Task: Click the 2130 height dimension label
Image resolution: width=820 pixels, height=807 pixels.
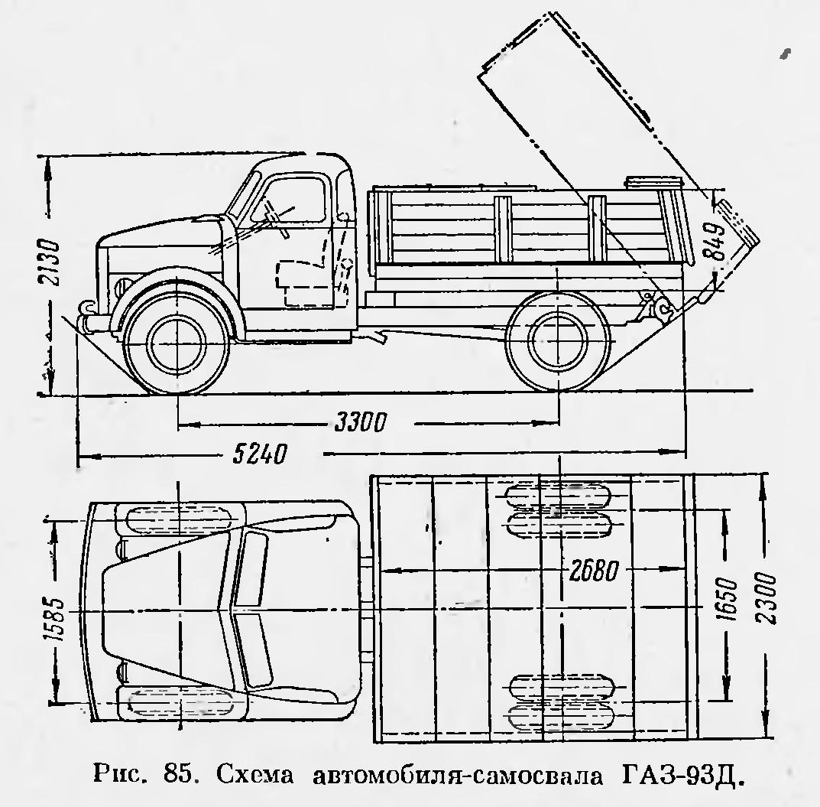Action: coord(49,262)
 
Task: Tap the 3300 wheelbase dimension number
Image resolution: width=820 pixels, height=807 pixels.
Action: coord(360,421)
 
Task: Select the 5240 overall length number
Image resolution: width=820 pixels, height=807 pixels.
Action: coord(260,454)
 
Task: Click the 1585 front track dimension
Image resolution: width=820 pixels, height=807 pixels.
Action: coord(54,612)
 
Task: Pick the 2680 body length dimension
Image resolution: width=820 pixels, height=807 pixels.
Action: coord(594,570)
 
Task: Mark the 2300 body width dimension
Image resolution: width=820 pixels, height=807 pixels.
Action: coord(767,597)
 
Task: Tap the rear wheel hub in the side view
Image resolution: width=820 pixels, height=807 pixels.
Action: coord(558,340)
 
